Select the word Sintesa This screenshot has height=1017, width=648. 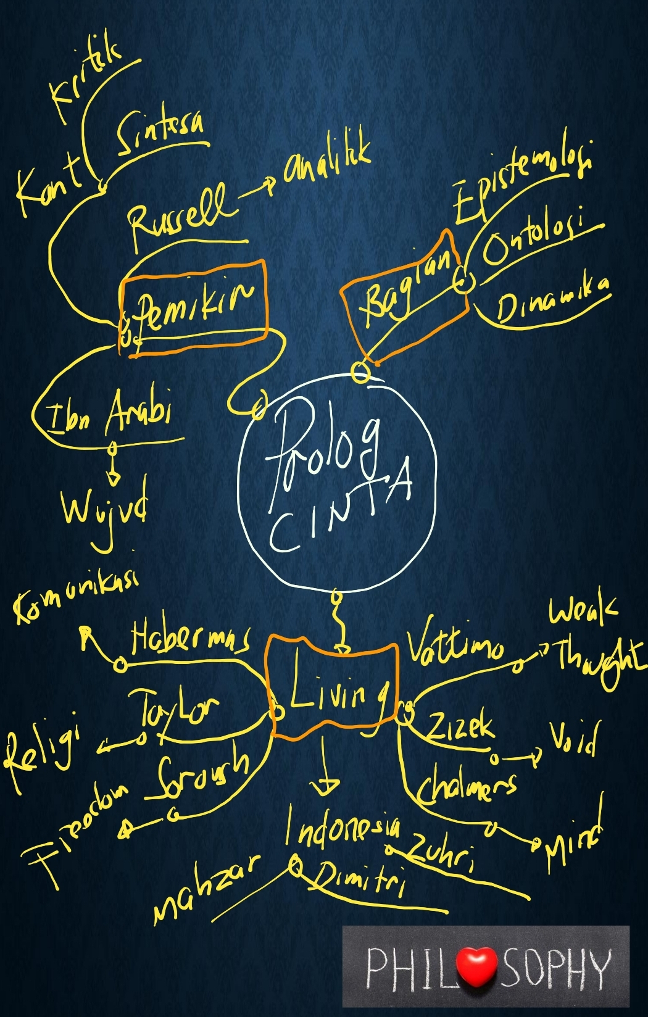(160, 133)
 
